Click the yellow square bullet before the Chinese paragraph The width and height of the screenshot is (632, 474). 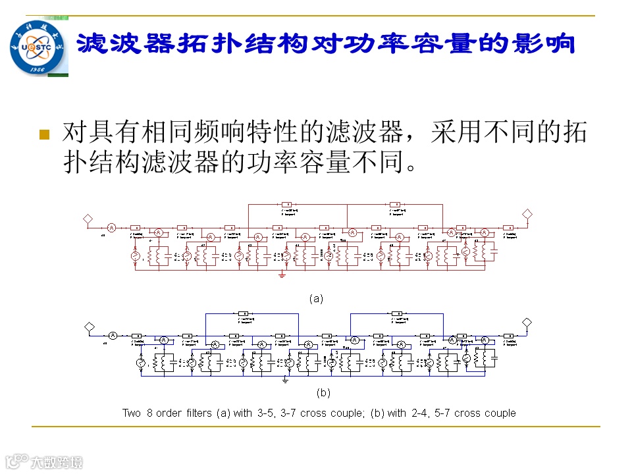coord(45,135)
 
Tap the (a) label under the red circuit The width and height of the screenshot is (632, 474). coord(316,298)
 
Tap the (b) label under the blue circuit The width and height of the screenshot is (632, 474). coord(323,393)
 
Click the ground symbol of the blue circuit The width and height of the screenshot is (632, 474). coord(286,380)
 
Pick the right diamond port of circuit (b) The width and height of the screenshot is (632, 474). coord(527,323)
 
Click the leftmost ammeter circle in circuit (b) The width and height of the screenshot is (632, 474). coord(113,336)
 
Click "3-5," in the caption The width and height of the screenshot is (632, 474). coord(267,413)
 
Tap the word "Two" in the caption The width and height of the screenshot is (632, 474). coord(132,413)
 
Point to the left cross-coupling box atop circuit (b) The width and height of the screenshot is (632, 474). coord(242,313)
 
